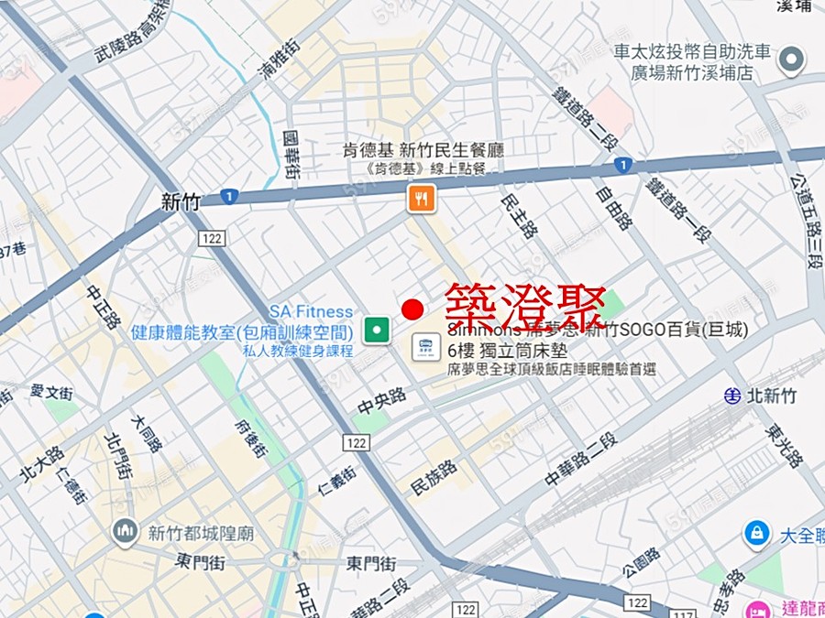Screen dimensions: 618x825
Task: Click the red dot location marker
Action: pos(412,309)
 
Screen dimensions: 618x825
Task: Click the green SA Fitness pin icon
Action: pos(374,329)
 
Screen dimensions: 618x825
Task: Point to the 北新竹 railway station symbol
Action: pos(731,396)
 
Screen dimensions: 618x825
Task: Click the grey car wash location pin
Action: pos(791,61)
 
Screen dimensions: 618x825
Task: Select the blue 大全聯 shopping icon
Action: pos(756,532)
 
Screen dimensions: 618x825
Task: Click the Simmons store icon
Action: pos(425,346)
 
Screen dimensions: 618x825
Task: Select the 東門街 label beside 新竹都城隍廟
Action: pos(197,561)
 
